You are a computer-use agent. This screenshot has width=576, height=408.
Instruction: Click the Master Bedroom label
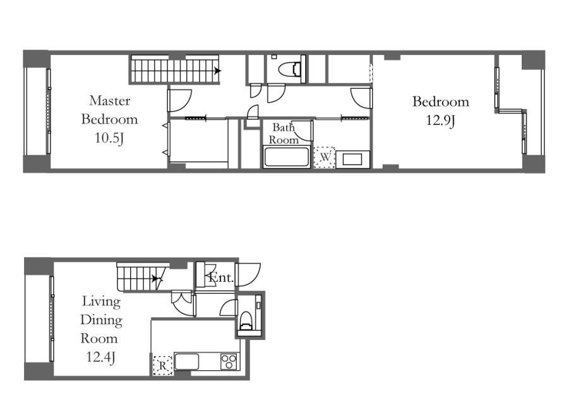click(x=109, y=110)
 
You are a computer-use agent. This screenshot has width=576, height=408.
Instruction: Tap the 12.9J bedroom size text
click(x=440, y=120)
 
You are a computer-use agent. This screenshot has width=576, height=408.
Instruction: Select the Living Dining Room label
click(x=101, y=320)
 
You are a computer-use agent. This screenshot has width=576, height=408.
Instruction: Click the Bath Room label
click(x=284, y=134)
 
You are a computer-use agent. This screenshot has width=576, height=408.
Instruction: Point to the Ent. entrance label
click(x=221, y=277)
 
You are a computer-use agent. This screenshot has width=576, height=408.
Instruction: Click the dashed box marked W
click(x=325, y=157)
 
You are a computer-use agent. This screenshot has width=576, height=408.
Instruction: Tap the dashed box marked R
click(x=163, y=366)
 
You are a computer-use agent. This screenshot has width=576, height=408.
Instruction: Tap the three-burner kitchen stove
click(x=229, y=361)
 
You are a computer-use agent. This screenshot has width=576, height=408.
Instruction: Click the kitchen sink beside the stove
click(x=186, y=361)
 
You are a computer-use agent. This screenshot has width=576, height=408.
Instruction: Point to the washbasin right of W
click(x=352, y=160)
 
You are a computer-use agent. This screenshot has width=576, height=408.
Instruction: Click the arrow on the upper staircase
click(x=217, y=71)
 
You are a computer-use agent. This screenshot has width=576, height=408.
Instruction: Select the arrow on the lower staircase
click(x=157, y=279)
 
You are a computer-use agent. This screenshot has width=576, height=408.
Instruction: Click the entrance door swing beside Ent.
click(x=249, y=274)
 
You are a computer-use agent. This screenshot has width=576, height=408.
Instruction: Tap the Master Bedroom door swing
click(x=180, y=100)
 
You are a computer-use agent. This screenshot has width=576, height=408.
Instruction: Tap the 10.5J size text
click(x=109, y=138)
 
